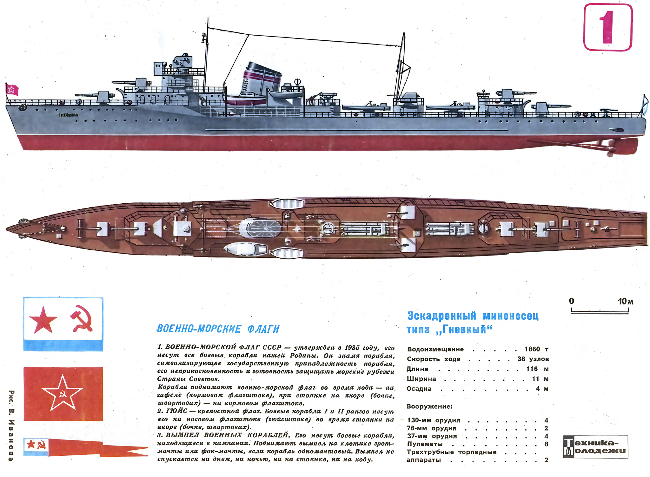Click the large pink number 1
[x=607, y=28]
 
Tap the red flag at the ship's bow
[x=12, y=90]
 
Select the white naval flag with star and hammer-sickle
[x=63, y=324]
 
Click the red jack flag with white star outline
[x=63, y=394]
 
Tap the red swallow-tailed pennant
[x=86, y=446]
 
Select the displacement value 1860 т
[x=536, y=349]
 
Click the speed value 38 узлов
[x=533, y=359]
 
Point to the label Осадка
[x=419, y=389]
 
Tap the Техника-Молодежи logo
[x=595, y=447]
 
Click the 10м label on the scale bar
[x=626, y=301]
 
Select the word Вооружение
[x=429, y=406]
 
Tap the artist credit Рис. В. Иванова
[x=11, y=426]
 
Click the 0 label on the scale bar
[x=572, y=301]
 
